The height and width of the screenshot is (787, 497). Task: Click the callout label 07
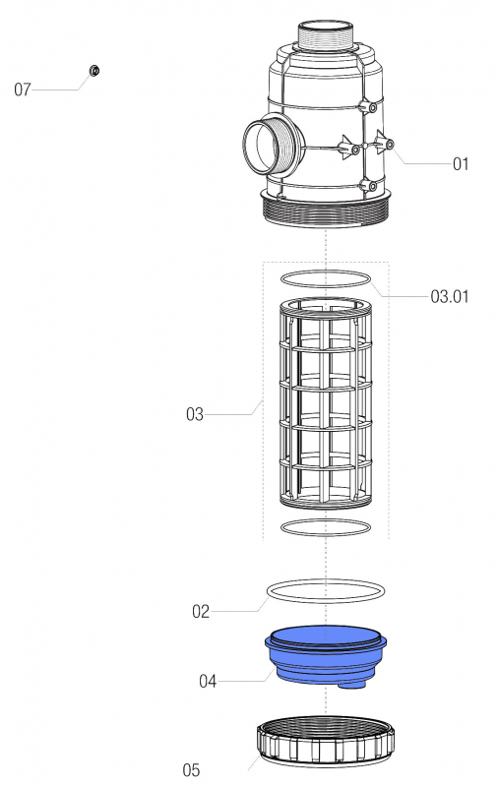(23, 90)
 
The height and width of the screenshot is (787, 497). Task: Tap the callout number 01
(461, 164)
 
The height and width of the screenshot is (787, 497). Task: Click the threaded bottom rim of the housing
(327, 210)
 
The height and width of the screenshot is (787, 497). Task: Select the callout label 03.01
(448, 295)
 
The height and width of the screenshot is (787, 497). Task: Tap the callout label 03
(195, 414)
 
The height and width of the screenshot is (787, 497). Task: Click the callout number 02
(201, 611)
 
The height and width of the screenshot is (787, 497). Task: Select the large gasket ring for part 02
(326, 590)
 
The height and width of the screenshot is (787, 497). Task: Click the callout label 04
(208, 680)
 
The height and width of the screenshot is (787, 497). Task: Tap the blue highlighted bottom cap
(325, 654)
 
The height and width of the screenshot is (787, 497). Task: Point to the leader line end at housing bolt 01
(391, 146)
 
